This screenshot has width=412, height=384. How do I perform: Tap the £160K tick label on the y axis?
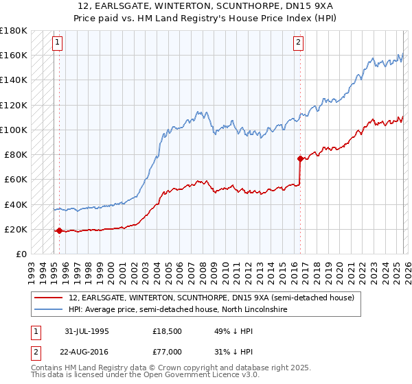pyautogui.click(x=14, y=55)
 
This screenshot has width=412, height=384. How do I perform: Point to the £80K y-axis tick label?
pyautogui.click(x=16, y=154)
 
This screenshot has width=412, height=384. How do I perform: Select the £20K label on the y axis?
pyautogui.click(x=16, y=229)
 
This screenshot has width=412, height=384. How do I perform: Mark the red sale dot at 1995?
pyautogui.click(x=59, y=231)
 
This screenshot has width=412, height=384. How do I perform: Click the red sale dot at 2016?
pyautogui.click(x=300, y=158)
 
